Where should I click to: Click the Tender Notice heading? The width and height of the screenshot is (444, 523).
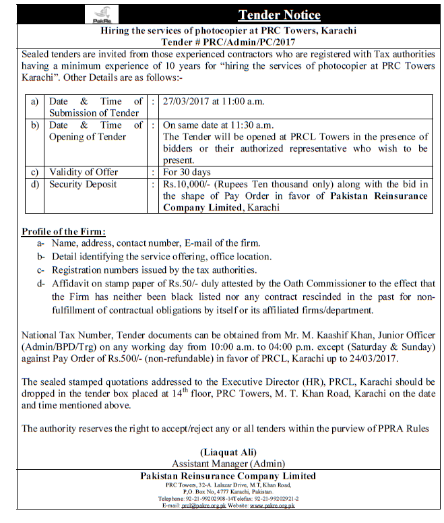tap(279, 15)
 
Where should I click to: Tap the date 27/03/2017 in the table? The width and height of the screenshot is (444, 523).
tap(187, 102)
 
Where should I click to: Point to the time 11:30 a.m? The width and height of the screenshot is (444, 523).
tap(242, 125)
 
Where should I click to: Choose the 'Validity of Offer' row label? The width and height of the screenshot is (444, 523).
tap(84, 172)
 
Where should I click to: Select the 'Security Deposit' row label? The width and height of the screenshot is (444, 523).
tap(83, 184)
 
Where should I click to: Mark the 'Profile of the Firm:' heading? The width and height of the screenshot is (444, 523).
tap(59, 231)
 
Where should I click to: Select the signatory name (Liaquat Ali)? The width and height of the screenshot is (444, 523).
tap(228, 452)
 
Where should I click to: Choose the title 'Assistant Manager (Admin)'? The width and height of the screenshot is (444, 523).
tap(228, 464)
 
